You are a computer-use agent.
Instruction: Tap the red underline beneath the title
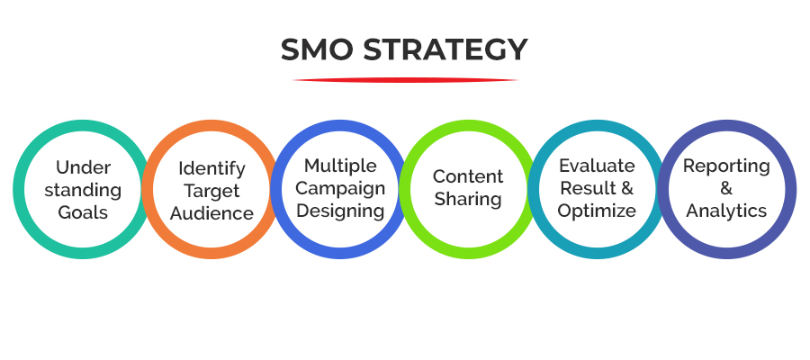405,80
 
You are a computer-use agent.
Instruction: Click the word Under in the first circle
83,167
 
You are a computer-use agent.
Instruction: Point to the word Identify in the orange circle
211,168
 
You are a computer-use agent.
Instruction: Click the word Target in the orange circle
211,191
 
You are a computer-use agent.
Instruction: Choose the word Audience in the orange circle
211,213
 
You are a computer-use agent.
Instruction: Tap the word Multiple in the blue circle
340,166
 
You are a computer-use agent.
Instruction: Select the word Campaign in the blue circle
340,188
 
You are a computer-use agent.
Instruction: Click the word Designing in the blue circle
340,211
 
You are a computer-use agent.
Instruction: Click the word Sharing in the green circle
468,199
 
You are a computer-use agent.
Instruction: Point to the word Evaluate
597,166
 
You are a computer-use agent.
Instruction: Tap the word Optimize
597,211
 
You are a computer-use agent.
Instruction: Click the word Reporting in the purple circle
726,166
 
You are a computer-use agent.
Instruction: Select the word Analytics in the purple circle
726,211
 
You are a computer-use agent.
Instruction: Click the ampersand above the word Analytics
726,189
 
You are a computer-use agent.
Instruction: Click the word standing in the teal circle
83,190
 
